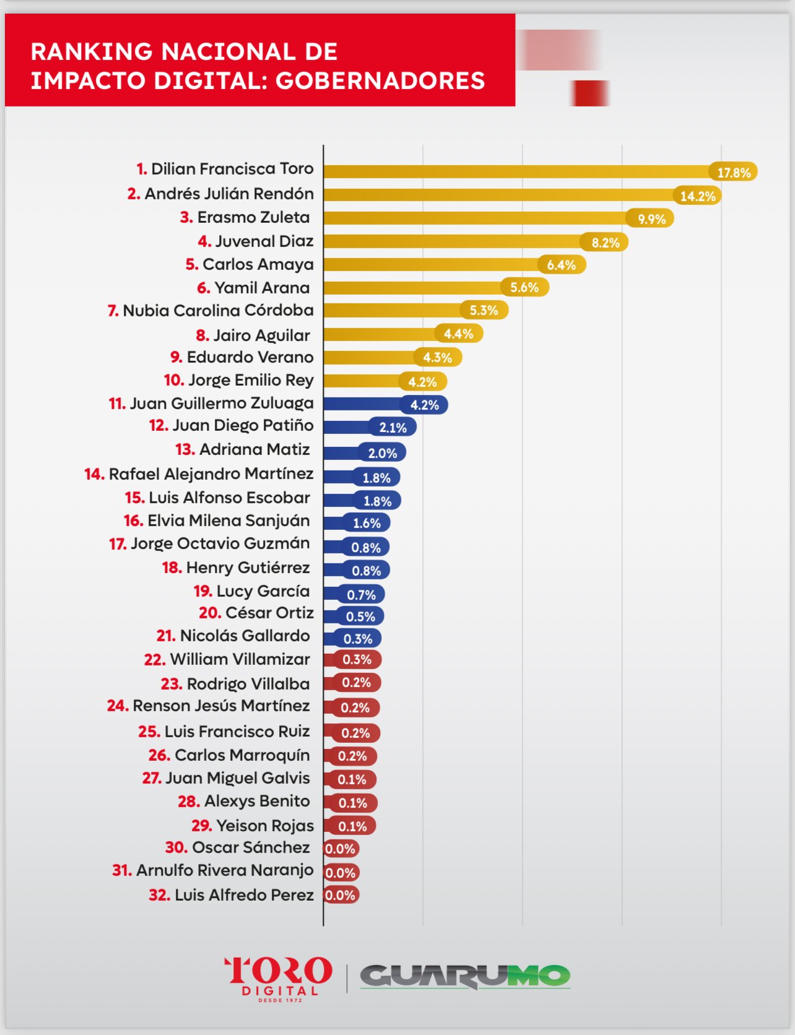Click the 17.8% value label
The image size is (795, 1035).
click(734, 173)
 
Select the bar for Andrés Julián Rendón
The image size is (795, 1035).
click(495, 195)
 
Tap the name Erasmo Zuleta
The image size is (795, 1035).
click(253, 217)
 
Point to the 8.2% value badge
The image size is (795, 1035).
click(605, 243)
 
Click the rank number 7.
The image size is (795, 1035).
click(113, 311)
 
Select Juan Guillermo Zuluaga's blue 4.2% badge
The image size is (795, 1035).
click(424, 405)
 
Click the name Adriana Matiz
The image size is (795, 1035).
click(254, 449)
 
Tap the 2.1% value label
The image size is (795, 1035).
click(393, 427)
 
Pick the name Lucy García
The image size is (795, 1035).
click(263, 591)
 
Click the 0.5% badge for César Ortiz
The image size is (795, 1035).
click(360, 617)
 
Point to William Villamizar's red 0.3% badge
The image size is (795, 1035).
click(357, 659)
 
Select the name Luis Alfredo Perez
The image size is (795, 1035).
click(244, 895)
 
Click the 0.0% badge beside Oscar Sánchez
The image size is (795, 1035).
click(340, 849)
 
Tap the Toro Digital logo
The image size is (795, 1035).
click(278, 977)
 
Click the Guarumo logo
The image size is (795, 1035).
click(464, 976)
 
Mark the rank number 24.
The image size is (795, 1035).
click(118, 706)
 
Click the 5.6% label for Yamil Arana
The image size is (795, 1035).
click(524, 287)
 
